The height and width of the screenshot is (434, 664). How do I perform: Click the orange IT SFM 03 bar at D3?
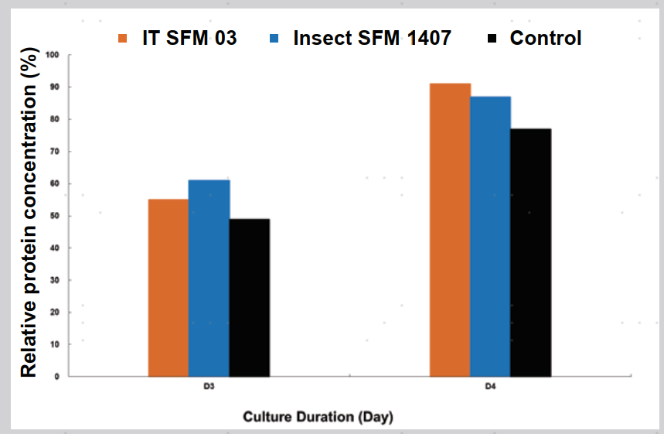point(169,288)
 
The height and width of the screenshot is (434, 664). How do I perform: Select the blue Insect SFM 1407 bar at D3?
point(209,278)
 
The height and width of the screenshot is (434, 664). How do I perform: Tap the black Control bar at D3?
point(249,298)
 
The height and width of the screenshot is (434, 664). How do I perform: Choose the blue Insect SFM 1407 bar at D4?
point(490,236)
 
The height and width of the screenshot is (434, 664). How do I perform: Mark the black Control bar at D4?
point(530,252)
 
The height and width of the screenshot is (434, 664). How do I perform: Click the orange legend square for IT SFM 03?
point(122,38)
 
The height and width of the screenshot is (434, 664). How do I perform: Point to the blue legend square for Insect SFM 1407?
point(275,38)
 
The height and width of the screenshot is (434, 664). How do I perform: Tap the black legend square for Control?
point(492,38)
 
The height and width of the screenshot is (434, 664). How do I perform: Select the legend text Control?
point(546,38)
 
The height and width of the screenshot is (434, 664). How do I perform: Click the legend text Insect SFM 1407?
point(372,38)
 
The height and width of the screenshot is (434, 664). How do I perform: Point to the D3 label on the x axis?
point(209,386)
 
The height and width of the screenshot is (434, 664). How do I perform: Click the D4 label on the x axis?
point(490,386)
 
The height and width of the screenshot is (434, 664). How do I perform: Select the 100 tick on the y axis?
point(52,55)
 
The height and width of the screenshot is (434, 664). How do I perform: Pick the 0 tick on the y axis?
point(56,377)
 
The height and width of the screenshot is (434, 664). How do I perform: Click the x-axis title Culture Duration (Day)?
point(318,417)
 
